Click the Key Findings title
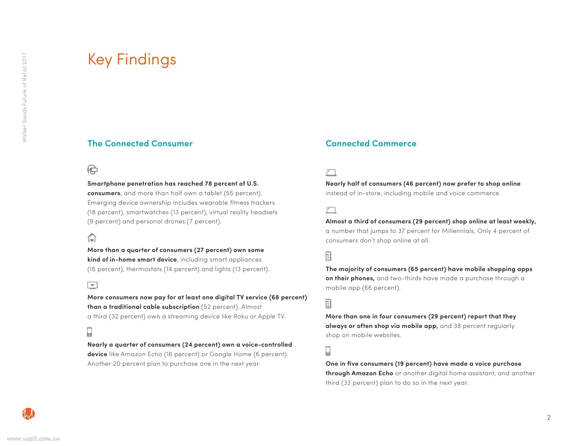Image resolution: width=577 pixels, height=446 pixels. point(132,60)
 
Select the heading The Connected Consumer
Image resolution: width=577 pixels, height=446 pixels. point(140,143)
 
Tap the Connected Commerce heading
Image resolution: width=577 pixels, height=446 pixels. point(371,143)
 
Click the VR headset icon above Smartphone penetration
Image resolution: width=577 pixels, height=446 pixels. point(92,170)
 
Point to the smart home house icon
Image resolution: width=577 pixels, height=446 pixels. point(92,238)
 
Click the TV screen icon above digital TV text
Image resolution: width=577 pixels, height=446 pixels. point(92,285)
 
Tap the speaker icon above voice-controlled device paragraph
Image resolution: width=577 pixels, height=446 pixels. point(89,332)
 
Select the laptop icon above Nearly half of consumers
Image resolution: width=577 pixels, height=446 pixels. point(331,173)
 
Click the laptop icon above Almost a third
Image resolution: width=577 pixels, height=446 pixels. point(331,210)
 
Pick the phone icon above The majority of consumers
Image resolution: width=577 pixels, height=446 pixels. point(328,256)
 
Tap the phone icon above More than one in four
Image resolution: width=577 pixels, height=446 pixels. point(328,304)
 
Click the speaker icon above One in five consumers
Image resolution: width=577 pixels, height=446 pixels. point(328,351)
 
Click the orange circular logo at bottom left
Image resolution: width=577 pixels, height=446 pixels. point(29,414)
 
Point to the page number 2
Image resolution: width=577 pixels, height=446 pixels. point(549,417)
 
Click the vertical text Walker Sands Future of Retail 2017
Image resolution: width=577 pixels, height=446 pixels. point(25,97)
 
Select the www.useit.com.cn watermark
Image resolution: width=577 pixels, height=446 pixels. point(34,439)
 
